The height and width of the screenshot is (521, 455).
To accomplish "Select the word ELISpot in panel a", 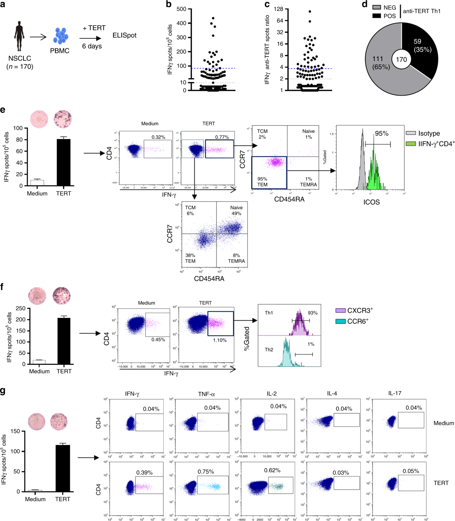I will click(x=124, y=35).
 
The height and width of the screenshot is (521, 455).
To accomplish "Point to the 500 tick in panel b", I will click(x=181, y=9).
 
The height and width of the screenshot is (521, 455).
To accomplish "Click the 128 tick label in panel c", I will click(x=279, y=9).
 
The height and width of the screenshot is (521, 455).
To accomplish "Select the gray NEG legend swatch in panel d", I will click(x=377, y=7).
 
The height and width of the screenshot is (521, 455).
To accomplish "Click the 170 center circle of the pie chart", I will click(x=401, y=59).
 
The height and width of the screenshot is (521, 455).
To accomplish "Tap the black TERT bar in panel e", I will click(x=63, y=162).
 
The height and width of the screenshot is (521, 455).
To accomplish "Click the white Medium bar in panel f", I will click(x=39, y=362).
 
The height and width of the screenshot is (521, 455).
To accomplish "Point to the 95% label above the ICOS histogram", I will click(x=381, y=134).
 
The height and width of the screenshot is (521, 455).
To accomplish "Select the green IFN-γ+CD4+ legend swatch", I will click(x=411, y=144).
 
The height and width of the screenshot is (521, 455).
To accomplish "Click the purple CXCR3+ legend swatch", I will click(x=340, y=311).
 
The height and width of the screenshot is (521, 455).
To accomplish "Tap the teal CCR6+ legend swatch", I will click(x=340, y=321).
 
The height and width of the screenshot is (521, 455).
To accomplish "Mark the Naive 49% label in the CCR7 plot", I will click(x=236, y=210).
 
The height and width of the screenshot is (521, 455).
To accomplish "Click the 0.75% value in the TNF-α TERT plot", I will click(x=206, y=472).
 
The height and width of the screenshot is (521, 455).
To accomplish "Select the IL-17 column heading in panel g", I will click(x=395, y=393).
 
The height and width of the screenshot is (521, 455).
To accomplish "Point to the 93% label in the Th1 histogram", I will click(x=312, y=313).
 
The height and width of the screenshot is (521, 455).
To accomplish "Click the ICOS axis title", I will click(x=371, y=202).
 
